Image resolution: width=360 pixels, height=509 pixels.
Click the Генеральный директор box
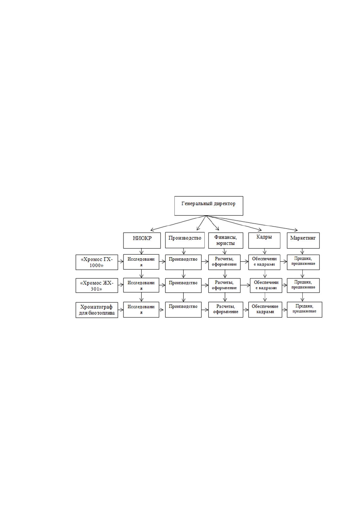[x=209, y=206]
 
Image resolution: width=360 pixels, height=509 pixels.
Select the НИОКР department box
[x=142, y=240]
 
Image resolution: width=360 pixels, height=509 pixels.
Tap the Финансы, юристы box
[x=226, y=240]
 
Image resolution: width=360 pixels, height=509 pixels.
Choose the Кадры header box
[x=264, y=240]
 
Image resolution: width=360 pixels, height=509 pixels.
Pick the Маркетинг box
[x=303, y=240]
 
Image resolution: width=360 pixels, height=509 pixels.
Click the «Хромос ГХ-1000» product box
[x=97, y=262]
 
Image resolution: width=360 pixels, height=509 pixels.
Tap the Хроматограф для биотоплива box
[x=97, y=310]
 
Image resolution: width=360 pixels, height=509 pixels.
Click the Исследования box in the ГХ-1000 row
[x=141, y=262]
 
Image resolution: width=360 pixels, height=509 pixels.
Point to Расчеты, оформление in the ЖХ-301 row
[x=224, y=285]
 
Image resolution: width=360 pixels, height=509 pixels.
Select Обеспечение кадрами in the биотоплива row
[x=265, y=310]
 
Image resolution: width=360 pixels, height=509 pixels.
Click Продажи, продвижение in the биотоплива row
[x=305, y=310]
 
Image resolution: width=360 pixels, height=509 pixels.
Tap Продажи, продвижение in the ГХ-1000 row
[x=303, y=262]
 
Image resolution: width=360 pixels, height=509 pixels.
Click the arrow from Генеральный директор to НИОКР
[x=178, y=223]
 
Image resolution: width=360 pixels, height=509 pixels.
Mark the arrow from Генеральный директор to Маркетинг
[x=252, y=223]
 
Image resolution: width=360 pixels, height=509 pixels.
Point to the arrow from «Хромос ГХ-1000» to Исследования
[x=121, y=261]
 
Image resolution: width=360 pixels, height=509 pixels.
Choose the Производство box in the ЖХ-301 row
[x=183, y=285]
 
